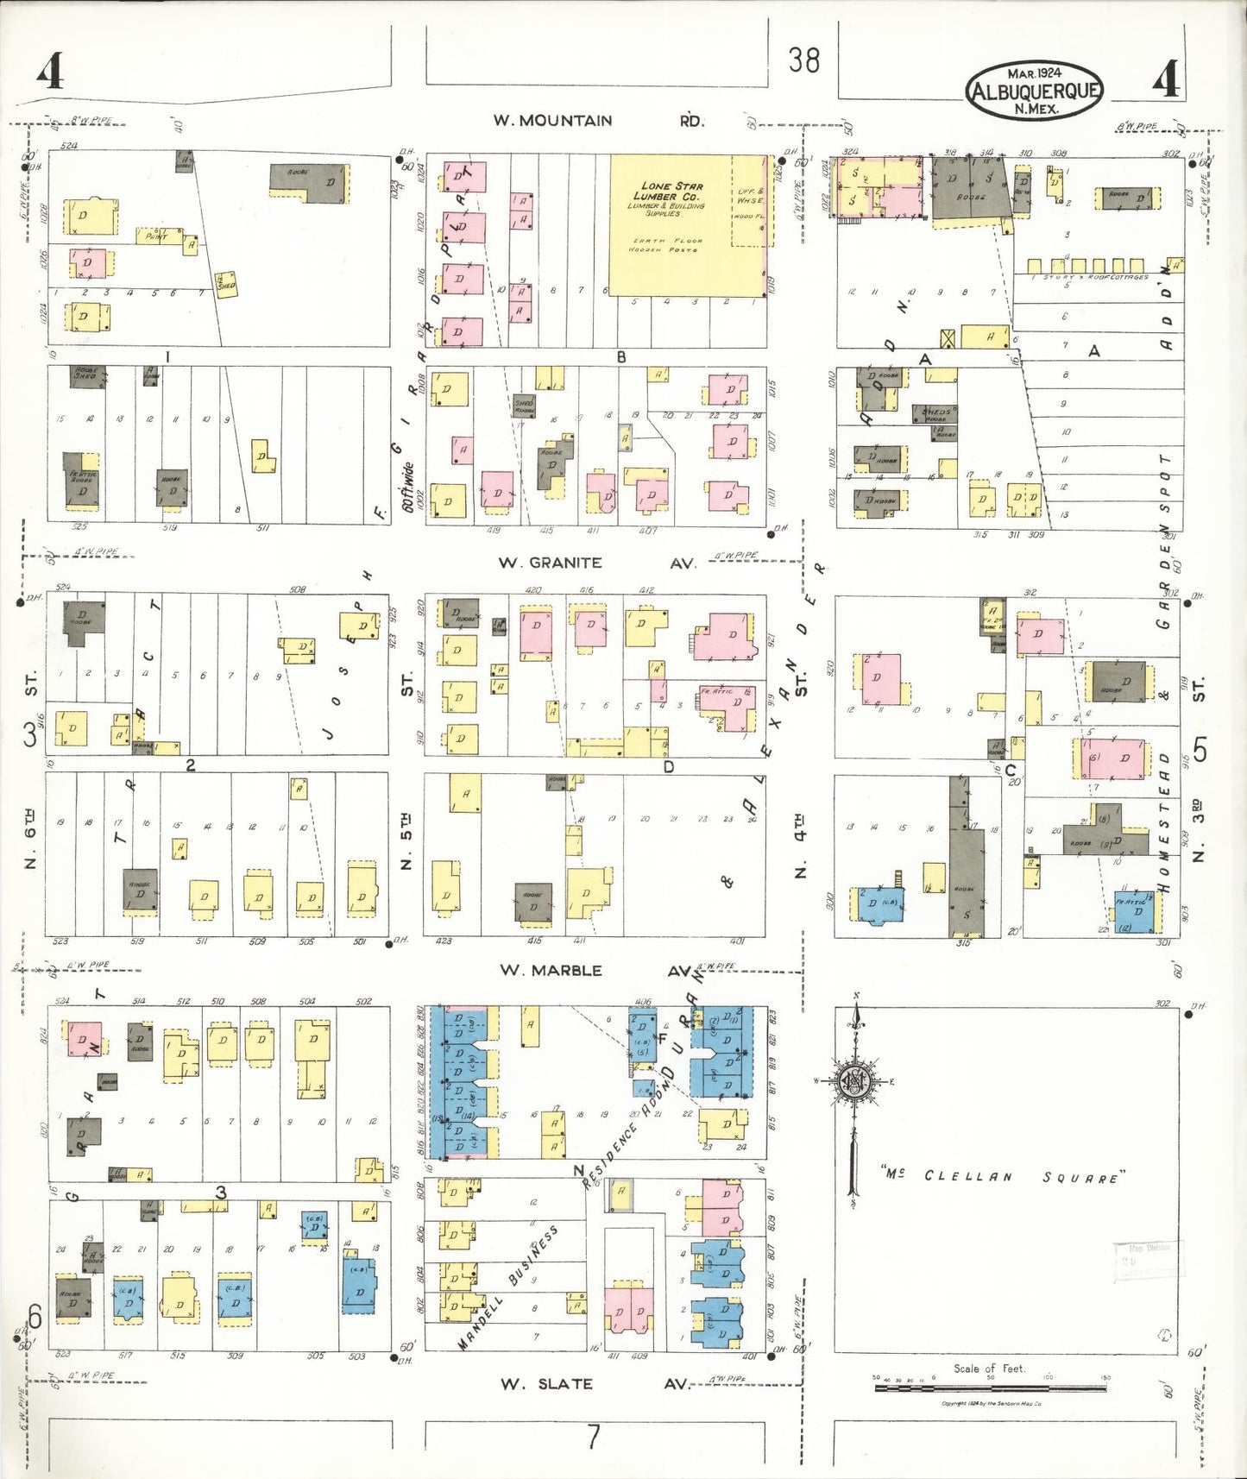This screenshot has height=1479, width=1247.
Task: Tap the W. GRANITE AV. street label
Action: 596,563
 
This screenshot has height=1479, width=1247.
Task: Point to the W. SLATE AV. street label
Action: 595,1383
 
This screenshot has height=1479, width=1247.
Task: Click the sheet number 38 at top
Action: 803,60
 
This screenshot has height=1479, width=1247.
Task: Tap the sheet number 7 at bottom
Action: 594,1438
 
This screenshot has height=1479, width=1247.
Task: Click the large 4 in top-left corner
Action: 50,71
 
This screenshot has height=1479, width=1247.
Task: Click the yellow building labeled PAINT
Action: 159,235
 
